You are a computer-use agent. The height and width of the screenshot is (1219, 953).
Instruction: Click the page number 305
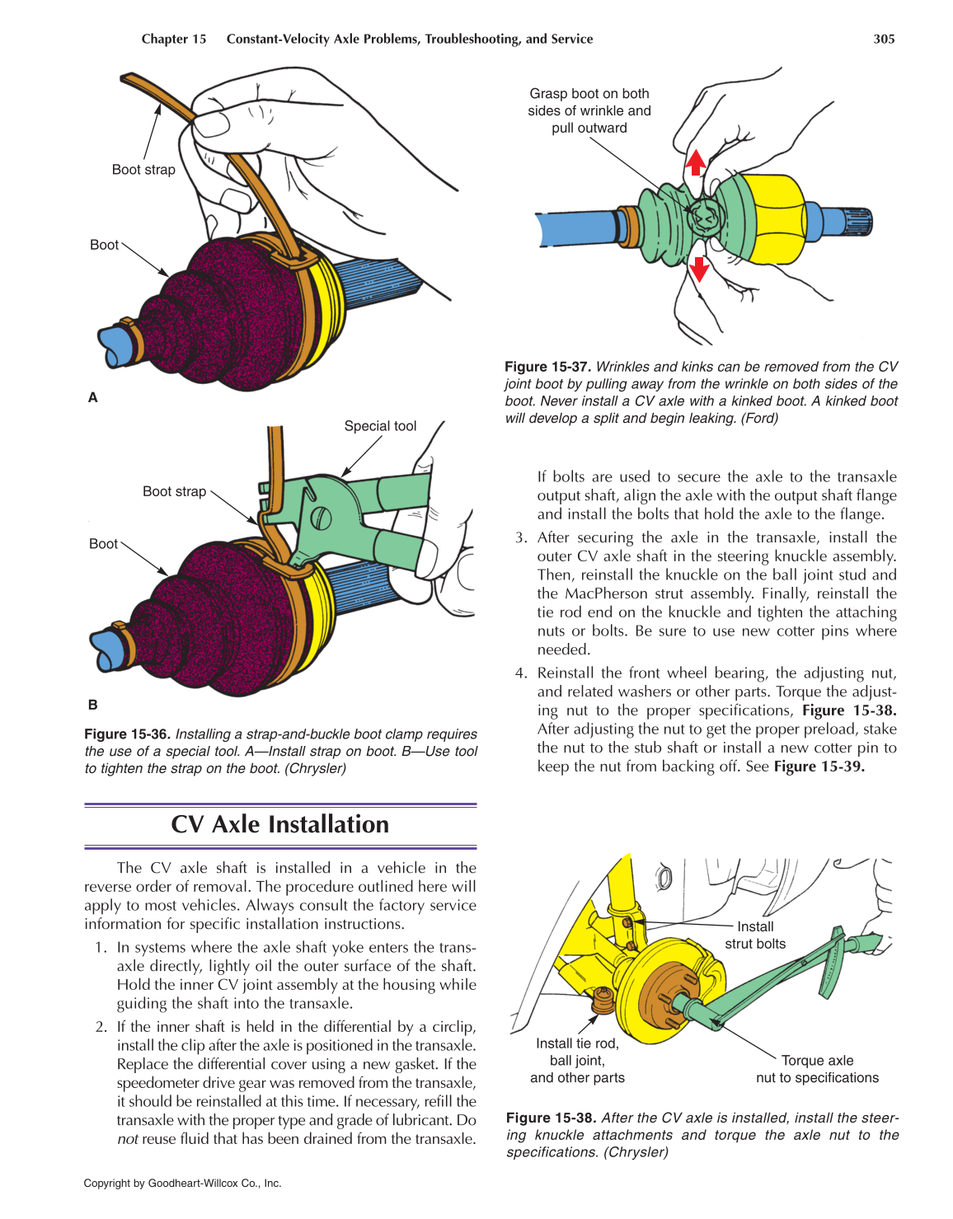(x=884, y=39)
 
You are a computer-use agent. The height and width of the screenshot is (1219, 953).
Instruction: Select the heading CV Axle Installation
(x=279, y=824)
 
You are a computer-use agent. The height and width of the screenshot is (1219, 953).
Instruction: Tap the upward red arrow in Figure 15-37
(x=696, y=162)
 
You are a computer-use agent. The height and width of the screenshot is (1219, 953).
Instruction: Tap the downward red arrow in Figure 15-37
(x=699, y=269)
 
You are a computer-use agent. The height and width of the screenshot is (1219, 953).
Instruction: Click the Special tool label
(x=380, y=426)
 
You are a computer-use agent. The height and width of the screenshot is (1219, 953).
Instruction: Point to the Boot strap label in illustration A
(x=143, y=170)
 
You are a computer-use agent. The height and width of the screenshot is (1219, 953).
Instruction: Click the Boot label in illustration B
(x=103, y=544)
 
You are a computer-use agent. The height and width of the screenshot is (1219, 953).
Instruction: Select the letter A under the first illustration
(x=93, y=397)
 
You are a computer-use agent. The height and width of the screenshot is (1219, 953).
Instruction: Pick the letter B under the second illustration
(x=93, y=705)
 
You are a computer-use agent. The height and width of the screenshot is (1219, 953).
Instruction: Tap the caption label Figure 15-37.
(x=547, y=367)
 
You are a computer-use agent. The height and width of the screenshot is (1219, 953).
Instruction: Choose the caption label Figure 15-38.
(x=550, y=1118)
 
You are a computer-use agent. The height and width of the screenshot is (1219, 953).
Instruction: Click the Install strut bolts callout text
(x=754, y=935)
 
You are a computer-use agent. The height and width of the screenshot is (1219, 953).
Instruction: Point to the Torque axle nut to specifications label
(x=817, y=1069)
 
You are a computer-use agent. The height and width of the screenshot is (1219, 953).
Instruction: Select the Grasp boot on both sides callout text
(x=589, y=110)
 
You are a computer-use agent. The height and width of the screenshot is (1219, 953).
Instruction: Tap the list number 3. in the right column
(x=521, y=537)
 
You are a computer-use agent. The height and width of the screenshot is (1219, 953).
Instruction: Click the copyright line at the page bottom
(x=182, y=1184)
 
